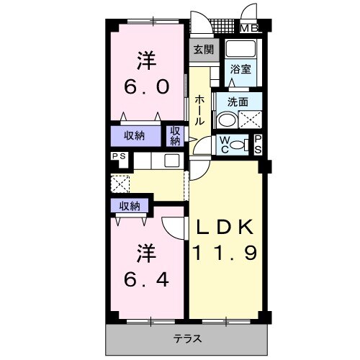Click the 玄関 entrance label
(x=204, y=50)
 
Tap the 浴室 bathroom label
(x=240, y=69)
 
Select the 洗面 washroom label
(x=238, y=102)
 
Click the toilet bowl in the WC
(x=237, y=145)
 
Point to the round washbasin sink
(x=226, y=120)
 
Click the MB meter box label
(x=249, y=29)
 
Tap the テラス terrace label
(x=188, y=339)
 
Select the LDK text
(x=225, y=227)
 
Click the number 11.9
(x=225, y=253)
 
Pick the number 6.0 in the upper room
(x=146, y=86)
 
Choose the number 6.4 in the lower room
(x=146, y=280)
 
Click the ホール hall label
(x=199, y=110)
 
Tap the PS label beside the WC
(x=258, y=145)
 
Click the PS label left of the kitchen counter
(x=120, y=156)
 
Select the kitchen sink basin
(x=172, y=161)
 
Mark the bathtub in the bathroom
(x=240, y=49)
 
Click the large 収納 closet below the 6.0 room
(x=135, y=136)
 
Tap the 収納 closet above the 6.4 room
(x=130, y=206)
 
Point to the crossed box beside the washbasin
(x=251, y=120)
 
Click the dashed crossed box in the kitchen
(x=120, y=184)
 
